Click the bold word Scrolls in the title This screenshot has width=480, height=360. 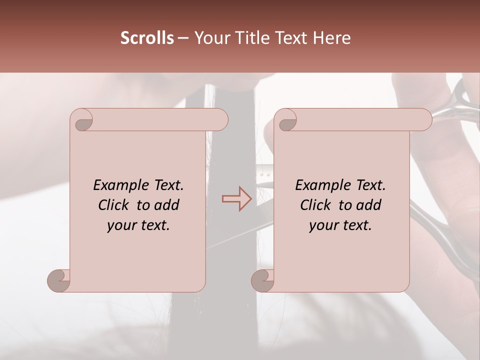[x=147, y=38]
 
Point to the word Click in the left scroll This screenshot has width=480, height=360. [x=114, y=205]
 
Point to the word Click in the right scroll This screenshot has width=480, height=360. [x=316, y=205]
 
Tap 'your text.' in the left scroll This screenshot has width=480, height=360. [x=138, y=225]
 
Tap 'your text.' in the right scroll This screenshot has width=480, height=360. [x=340, y=225]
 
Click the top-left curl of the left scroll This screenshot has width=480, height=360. [x=81, y=119]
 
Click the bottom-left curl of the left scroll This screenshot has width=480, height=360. [x=59, y=280]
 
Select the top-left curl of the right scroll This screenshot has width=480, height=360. [x=285, y=119]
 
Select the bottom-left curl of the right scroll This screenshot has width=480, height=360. [x=263, y=280]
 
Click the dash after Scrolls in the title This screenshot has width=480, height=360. [x=183, y=38]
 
